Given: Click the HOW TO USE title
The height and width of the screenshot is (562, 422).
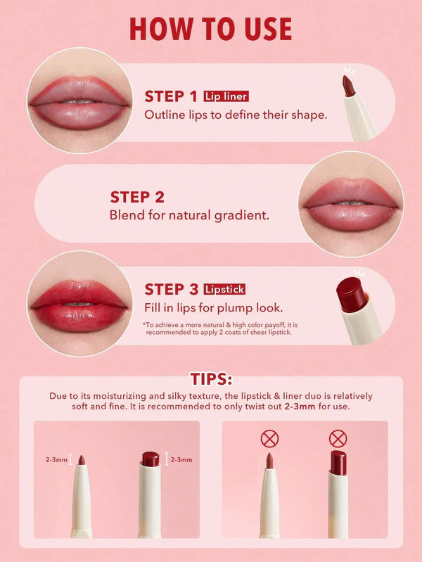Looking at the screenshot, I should [210, 29].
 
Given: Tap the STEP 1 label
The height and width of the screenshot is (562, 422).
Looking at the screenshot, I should [171, 96].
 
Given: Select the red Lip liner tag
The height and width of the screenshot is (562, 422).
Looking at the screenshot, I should [226, 96].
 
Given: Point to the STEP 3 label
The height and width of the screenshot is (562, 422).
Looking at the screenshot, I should [171, 289].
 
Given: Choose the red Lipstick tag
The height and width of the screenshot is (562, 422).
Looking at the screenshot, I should [224, 289].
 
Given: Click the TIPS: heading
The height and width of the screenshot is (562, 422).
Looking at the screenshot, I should [210, 379].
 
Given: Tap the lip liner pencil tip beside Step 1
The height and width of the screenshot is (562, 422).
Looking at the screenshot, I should [347, 85].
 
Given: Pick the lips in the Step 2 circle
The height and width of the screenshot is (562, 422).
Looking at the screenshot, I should [350, 204].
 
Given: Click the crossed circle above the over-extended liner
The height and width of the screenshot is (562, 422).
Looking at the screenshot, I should [269, 440].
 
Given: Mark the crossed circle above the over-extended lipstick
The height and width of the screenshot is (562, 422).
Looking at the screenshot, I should [338, 440].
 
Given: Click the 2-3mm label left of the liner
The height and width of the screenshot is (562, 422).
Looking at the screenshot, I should [56, 460].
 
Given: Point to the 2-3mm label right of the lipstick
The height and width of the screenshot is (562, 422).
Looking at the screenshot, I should [181, 460].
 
